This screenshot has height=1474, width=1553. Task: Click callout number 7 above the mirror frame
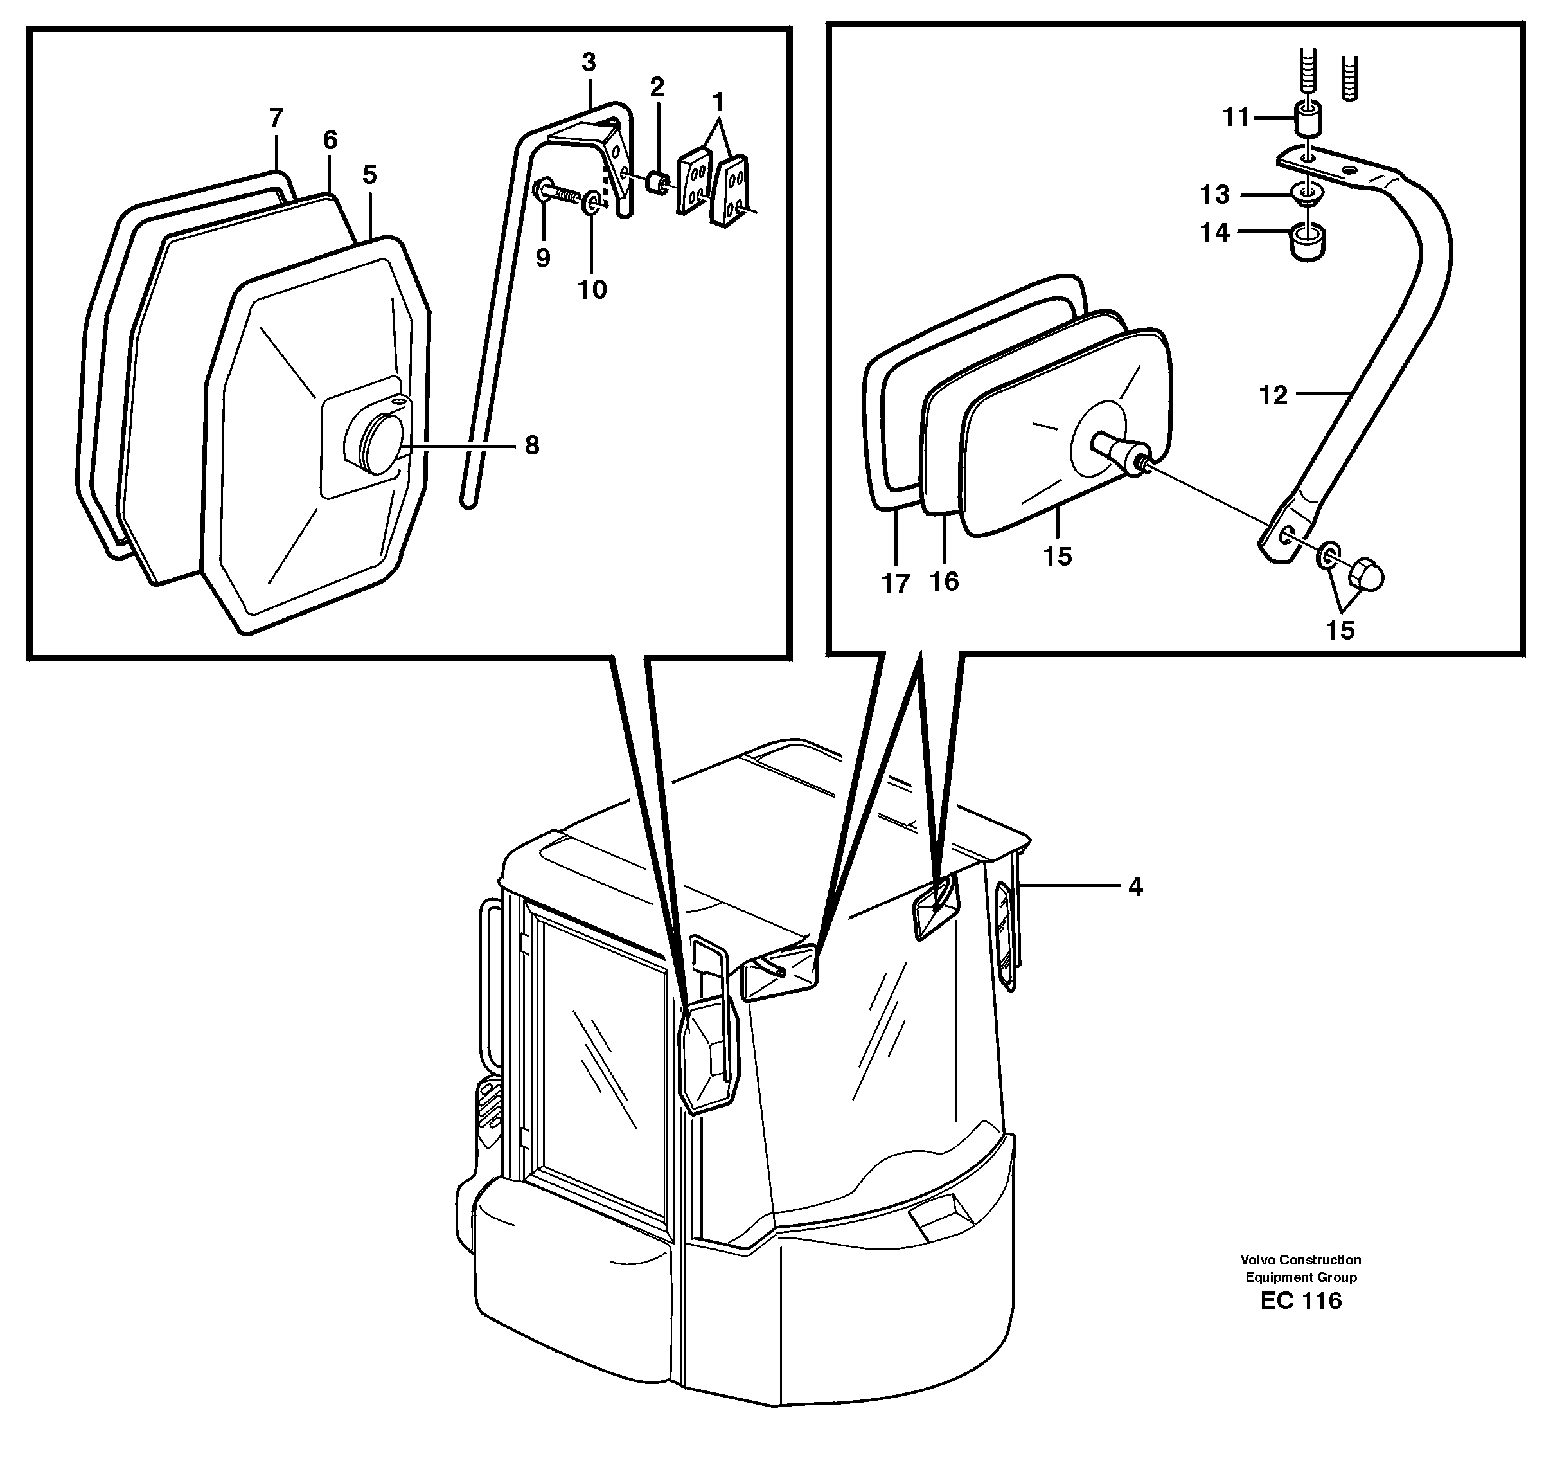coord(275,118)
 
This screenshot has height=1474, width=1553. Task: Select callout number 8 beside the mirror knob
coord(532,445)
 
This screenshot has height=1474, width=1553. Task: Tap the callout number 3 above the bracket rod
coord(589,62)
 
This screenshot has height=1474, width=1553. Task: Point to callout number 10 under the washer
coord(592,290)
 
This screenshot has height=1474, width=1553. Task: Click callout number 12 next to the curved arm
coord(1273,395)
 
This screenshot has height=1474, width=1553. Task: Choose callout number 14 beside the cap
coord(1214,233)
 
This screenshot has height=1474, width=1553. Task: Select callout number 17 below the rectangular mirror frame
coord(894,584)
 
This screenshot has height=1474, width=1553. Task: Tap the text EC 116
coord(1301,1300)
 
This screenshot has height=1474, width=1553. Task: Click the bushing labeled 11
coord(1307,120)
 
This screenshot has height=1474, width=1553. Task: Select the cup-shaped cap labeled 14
coord(1308,244)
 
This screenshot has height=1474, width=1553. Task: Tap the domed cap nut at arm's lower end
coord(1366,576)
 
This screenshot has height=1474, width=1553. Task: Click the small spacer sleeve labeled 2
coord(657,184)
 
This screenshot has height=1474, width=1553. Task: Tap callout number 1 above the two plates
coord(717,102)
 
